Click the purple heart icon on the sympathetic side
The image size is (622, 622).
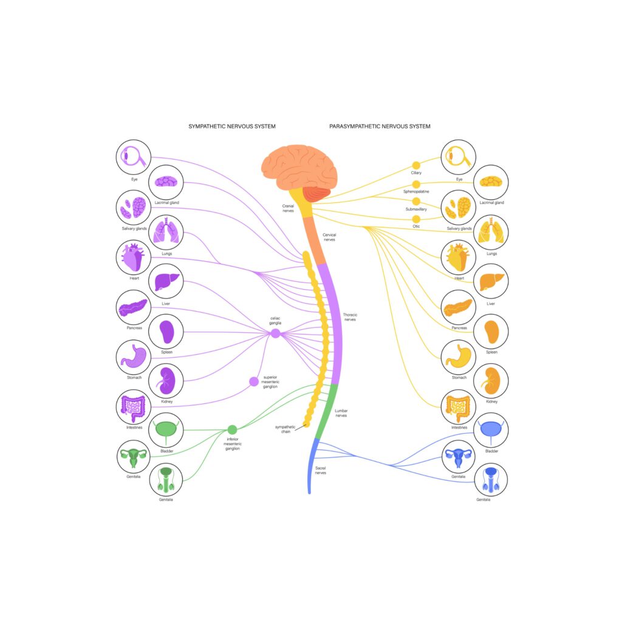[134, 258]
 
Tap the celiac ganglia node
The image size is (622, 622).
[275, 333]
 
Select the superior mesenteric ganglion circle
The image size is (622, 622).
[254, 381]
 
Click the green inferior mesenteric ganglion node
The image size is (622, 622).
[231, 429]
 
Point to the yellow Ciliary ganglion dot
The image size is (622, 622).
[416, 165]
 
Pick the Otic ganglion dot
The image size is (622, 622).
[416, 219]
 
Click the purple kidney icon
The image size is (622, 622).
[165, 381]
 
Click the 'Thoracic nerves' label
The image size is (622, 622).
[350, 317]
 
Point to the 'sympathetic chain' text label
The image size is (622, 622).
[285, 429]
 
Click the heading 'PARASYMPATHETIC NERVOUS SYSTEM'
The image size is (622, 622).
[380, 126]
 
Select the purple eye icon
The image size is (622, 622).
[134, 157]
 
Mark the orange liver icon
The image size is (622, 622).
[490, 282]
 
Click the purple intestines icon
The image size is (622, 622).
[134, 407]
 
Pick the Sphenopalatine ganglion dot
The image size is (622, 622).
[416, 183]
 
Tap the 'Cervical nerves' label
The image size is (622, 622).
[330, 237]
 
